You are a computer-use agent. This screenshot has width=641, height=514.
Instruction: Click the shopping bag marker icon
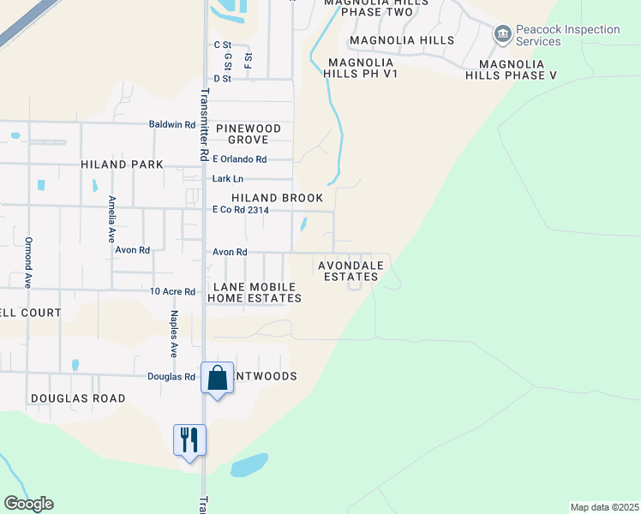pos(218,378)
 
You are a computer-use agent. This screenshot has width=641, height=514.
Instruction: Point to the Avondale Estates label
pos(350,272)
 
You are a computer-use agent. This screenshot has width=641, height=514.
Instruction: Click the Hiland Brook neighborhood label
pos(278,198)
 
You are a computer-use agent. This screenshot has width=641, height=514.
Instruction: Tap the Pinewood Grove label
pos(248,134)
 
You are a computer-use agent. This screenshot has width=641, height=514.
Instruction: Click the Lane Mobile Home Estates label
pos(254,292)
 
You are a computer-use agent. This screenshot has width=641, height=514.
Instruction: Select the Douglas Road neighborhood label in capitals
pos(78,398)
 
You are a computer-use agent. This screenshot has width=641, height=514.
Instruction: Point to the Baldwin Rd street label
pos(172,124)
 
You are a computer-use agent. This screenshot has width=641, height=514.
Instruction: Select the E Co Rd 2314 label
pos(242,210)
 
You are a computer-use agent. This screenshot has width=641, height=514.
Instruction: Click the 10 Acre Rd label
pos(173,291)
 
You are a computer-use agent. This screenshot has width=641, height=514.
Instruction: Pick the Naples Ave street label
pos(172,335)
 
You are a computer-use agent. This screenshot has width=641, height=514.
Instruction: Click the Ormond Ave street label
pos(28,261)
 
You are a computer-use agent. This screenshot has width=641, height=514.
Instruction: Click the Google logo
pos(28,504)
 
